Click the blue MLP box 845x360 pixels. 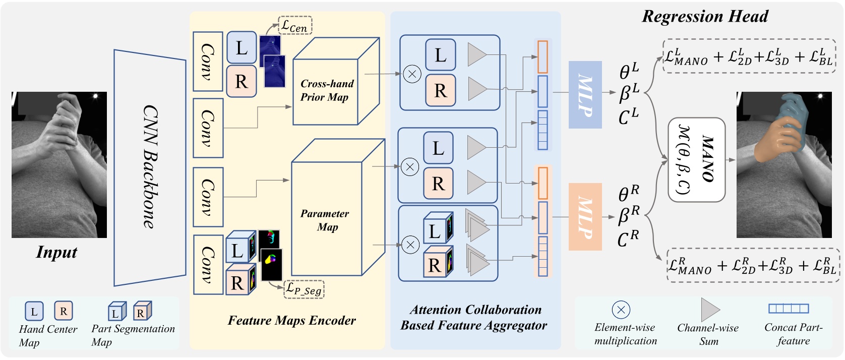pos(585,94)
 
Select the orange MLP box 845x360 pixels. pos(585,217)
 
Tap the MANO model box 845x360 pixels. pos(696,160)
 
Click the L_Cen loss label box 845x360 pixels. pos(295,25)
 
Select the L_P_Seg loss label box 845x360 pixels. pos(304,289)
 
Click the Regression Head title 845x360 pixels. pos(704,16)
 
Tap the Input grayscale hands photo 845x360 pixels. pos(59,164)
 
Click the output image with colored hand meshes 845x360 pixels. pos(783,164)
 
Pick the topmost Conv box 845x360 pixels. pos(208,62)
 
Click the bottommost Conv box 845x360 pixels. pos(208,264)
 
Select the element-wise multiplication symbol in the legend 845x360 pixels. pos(621,310)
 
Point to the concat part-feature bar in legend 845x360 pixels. pos(788,309)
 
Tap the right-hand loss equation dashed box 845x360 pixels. pos(752,265)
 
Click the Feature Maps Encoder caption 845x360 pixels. pos(291,320)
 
